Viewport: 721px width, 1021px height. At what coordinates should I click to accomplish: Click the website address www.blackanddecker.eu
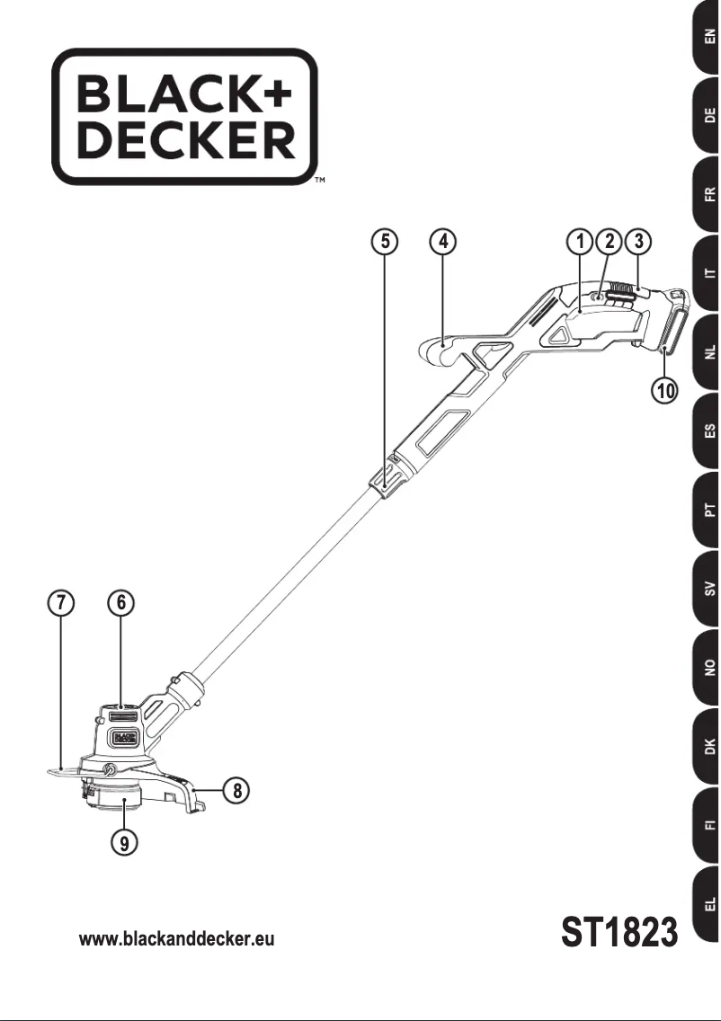177,939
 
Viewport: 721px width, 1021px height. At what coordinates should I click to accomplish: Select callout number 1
581,241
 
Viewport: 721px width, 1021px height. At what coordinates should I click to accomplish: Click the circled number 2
610,241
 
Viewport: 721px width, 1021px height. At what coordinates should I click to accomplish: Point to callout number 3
637,241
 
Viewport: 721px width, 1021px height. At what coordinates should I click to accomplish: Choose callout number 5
384,241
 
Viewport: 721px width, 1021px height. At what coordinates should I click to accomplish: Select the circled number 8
236,791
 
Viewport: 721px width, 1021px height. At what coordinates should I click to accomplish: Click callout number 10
665,390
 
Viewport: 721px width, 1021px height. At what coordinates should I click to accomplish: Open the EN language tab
708,39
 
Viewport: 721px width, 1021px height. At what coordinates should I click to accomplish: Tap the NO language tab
708,668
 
